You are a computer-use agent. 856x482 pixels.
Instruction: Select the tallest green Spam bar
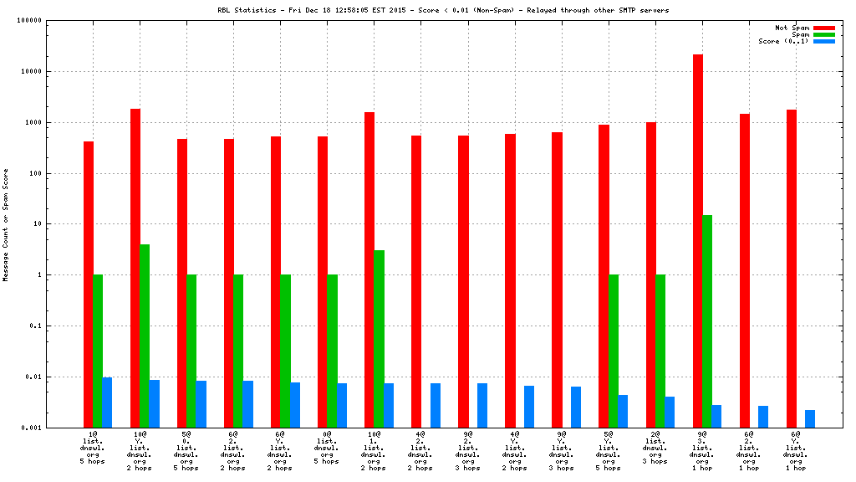tap(707, 321)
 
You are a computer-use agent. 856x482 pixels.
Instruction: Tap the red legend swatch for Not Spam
tap(824, 28)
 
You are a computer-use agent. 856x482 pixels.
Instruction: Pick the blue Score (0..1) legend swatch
tap(824, 41)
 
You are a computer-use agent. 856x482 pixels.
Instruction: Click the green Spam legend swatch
tap(824, 34)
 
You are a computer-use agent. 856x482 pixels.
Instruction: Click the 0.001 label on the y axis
tap(31, 428)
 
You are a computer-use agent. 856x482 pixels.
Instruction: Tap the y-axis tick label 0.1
tap(36, 326)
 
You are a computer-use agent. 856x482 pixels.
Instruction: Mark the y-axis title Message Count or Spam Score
tap(6, 224)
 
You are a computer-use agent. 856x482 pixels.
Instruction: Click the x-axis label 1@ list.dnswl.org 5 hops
tap(92, 448)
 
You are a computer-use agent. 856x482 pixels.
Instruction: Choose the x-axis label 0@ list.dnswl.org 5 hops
tap(326, 448)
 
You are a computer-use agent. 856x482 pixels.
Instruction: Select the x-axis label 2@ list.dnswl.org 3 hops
tap(654, 448)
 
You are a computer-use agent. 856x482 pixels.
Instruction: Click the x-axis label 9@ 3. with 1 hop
tap(701, 451)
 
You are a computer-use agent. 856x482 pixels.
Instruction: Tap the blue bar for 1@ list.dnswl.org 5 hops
tap(107, 403)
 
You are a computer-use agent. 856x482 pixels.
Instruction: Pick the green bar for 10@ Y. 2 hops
tap(145, 336)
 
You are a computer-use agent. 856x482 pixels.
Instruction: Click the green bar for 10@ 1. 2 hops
tap(379, 339)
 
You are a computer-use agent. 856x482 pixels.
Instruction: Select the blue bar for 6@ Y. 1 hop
tap(810, 419)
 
